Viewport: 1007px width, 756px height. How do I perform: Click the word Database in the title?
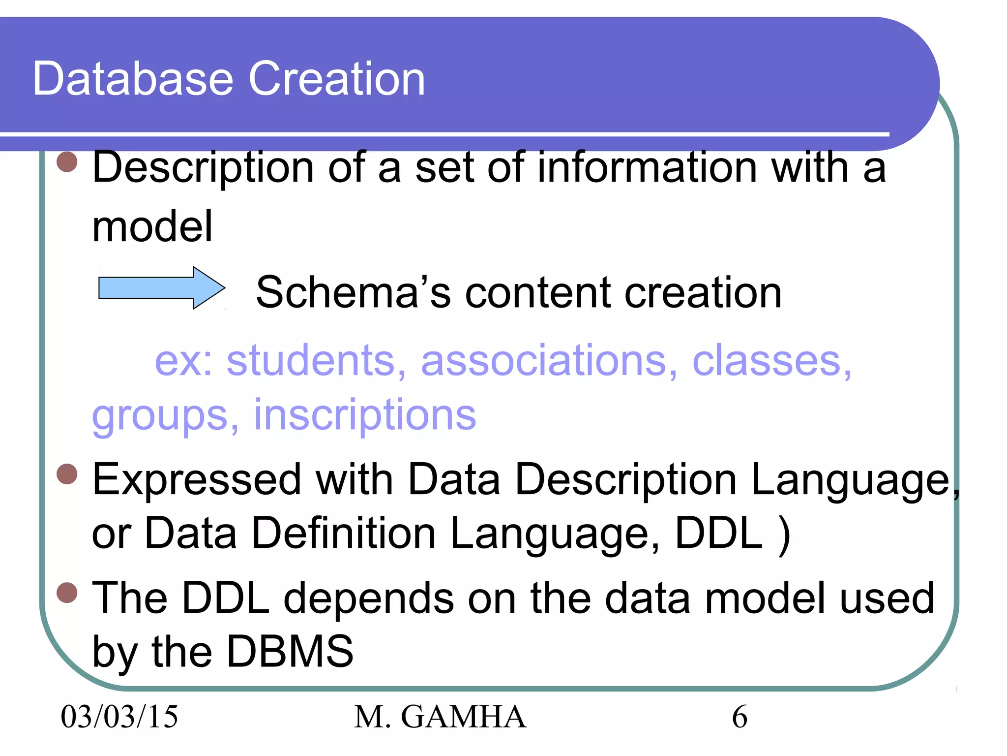133,79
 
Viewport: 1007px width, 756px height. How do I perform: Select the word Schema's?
353,292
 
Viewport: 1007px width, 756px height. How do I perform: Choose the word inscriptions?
365,415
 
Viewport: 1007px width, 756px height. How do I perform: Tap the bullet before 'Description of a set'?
67,162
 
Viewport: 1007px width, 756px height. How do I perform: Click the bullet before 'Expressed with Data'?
67,474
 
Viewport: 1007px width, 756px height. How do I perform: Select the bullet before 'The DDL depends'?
67,593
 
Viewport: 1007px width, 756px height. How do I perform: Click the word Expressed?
197,480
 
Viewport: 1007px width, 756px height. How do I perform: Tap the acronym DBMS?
290,652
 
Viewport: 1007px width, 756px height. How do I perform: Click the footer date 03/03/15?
119,717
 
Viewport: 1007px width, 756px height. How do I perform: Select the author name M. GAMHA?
440,717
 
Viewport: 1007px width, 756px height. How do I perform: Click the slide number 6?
740,717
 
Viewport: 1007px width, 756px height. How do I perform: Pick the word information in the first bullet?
647,167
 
